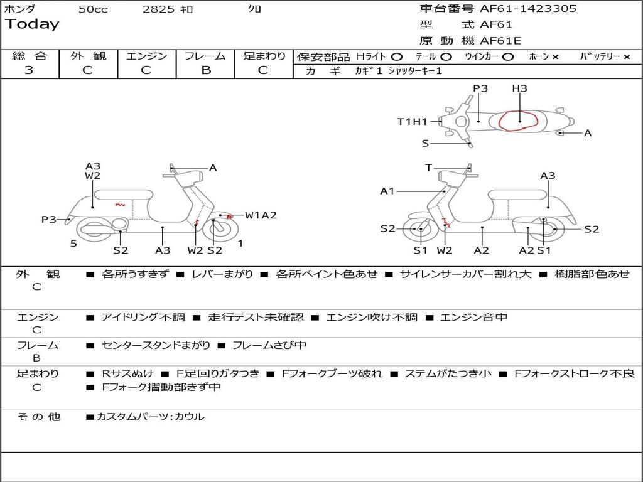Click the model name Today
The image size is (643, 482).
tap(32, 24)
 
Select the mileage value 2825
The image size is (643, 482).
tap(158, 9)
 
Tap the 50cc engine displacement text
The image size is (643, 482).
tap(93, 9)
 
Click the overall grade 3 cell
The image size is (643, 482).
tap(29, 70)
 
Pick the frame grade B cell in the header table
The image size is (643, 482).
tap(205, 70)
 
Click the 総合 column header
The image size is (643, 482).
tap(30, 56)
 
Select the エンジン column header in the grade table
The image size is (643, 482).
tap(146, 56)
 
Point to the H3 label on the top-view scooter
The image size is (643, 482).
tap(519, 88)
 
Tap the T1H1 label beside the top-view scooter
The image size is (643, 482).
tap(413, 122)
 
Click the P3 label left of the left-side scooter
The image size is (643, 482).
tap(49, 220)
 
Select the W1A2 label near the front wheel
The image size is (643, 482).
tap(261, 215)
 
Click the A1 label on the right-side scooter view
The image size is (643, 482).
tap(387, 191)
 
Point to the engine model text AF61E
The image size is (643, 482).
tap(500, 41)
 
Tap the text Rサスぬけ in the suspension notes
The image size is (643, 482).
tap(127, 373)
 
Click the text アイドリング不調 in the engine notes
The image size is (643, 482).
tap(143, 318)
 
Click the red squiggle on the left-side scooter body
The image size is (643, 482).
tap(120, 204)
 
